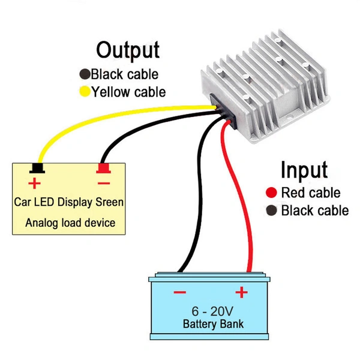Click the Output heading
coord(128,50)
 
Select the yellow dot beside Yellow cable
coord(85,92)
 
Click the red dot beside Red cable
coord(271,193)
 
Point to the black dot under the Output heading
coord(85,74)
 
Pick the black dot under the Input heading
coord(271,211)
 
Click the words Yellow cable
coord(128,92)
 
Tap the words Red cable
coord(311,193)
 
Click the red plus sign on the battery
coord(241,292)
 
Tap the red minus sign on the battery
coord(179,293)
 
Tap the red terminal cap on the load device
coord(103,168)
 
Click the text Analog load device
coord(70,223)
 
